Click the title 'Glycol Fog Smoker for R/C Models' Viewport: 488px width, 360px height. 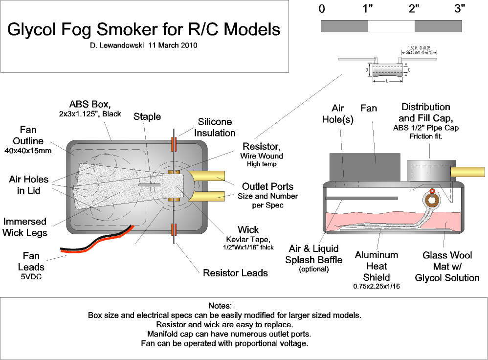[144, 29]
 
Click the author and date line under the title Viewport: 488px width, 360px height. [144, 45]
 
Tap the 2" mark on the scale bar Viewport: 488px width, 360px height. [414, 8]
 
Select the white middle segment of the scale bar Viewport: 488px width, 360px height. [391, 26]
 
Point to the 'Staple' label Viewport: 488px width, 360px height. [147, 116]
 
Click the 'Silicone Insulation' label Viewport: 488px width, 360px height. [215, 127]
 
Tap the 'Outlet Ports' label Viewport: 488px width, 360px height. [268, 186]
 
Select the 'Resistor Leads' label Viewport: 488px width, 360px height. [235, 272]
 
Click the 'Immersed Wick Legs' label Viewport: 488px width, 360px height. [25, 227]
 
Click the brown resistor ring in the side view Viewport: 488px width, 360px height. [431, 200]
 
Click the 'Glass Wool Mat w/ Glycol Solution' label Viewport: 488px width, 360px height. [447, 266]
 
